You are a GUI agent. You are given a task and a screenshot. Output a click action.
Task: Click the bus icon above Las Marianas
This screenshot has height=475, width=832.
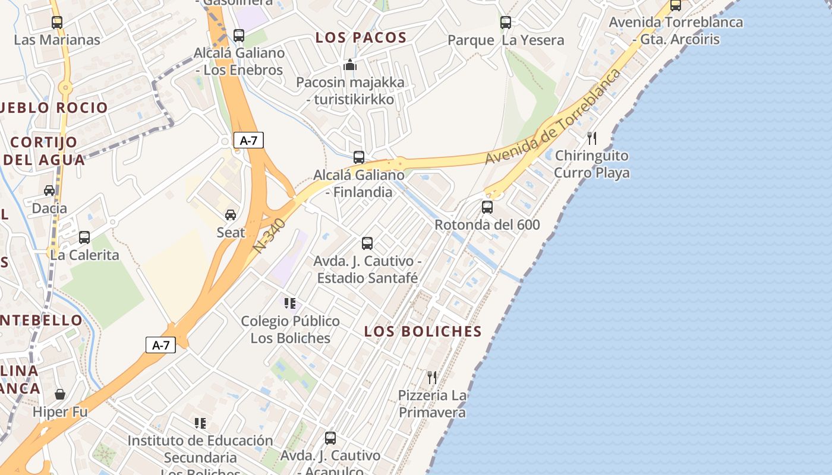click(x=57, y=23)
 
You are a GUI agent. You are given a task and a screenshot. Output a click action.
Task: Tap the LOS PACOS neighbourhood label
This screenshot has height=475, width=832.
click(x=361, y=38)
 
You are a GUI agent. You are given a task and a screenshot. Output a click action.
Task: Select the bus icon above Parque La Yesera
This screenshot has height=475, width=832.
click(x=506, y=23)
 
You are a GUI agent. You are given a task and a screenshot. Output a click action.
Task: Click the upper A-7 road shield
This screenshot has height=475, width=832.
click(x=248, y=140)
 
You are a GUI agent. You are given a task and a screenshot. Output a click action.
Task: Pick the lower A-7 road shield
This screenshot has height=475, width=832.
click(x=160, y=345)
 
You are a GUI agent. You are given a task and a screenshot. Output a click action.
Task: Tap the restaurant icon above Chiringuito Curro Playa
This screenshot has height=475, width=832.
click(x=592, y=138)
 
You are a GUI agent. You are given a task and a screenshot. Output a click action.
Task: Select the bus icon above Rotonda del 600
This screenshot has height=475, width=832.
click(x=487, y=207)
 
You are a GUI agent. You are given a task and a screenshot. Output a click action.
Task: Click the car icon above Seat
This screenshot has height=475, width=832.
click(x=231, y=214)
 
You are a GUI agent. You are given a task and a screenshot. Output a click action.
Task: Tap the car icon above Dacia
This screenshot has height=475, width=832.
click(x=49, y=191)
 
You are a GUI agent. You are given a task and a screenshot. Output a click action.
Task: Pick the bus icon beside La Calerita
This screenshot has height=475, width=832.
click(x=84, y=237)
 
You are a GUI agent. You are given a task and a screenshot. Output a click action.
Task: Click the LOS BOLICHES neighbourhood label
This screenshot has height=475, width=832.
click(x=423, y=331)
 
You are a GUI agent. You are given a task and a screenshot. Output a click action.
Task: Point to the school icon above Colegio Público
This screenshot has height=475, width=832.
click(x=290, y=303)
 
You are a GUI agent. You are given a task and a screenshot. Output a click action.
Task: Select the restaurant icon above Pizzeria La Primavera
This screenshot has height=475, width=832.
click(x=432, y=377)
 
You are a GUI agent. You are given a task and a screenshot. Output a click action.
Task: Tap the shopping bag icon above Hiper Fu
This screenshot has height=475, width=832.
click(x=60, y=394)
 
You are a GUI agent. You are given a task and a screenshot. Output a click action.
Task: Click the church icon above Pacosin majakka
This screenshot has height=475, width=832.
click(x=350, y=65)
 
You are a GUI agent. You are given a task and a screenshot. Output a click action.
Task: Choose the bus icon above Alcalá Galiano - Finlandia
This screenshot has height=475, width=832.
click(x=359, y=157)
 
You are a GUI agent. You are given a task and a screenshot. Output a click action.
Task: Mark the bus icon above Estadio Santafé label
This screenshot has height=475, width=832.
click(x=367, y=243)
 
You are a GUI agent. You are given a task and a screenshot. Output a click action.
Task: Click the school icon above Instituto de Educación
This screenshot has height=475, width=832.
click(x=200, y=423)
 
